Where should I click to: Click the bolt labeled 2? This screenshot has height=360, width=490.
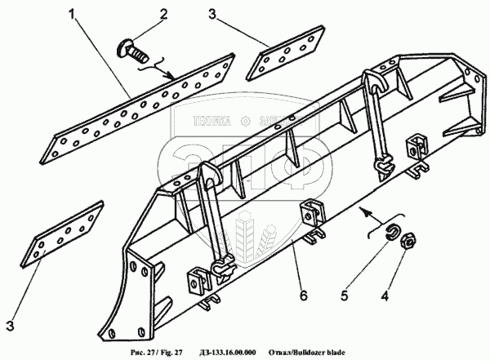click(x=133, y=53)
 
